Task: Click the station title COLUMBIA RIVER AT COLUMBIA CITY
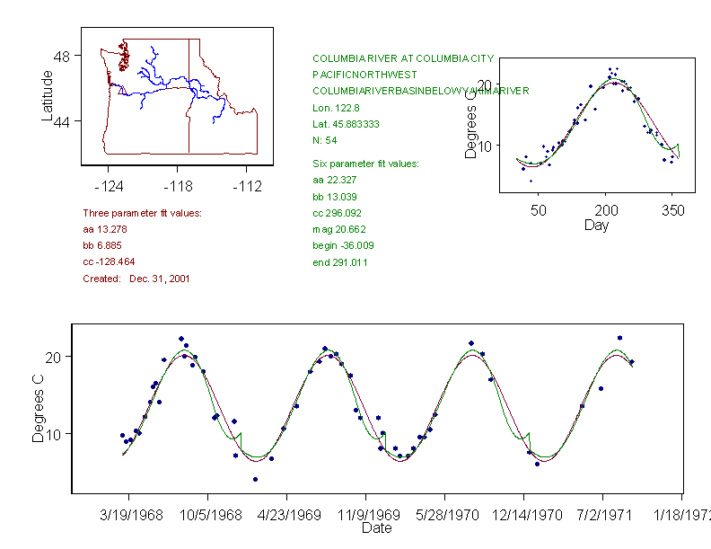pos(402,58)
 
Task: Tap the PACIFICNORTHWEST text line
pos(364,75)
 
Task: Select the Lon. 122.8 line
pos(332,108)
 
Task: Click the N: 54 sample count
pos(324,140)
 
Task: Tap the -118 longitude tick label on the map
pos(178,186)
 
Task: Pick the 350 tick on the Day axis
pos(672,210)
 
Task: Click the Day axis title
pos(595,225)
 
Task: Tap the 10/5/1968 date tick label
pos(207,515)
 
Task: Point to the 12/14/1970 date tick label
pos(524,515)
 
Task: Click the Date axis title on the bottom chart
pos(376,528)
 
